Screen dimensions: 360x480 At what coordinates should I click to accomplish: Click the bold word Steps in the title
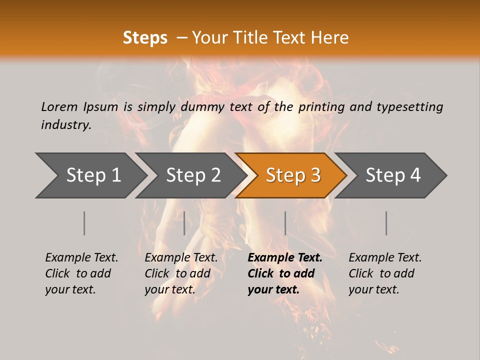(x=145, y=38)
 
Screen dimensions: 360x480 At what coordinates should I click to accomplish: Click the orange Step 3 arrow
(x=293, y=175)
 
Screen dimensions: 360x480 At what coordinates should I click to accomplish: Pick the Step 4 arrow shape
(x=393, y=175)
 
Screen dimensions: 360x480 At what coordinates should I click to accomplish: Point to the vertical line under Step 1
(x=84, y=223)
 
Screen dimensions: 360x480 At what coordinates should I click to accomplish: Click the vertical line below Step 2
(x=184, y=223)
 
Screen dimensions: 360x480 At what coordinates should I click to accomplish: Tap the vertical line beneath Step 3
(x=285, y=223)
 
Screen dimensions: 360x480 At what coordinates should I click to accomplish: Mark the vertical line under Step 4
(x=386, y=223)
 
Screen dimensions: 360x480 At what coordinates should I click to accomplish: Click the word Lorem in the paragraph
(x=59, y=107)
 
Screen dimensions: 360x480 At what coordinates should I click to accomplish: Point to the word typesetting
(x=409, y=107)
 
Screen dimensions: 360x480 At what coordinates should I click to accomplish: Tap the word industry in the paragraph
(x=65, y=125)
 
